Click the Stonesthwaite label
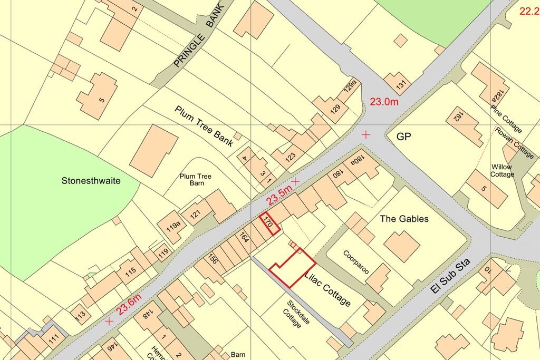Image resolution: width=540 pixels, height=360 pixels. (x=91, y=181)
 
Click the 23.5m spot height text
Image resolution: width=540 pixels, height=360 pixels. (x=279, y=193)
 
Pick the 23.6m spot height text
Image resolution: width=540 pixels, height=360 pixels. (x=129, y=305)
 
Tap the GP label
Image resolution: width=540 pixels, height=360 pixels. (x=403, y=137)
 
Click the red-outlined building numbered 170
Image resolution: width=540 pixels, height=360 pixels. (x=270, y=223)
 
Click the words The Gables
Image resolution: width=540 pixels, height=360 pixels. (x=404, y=219)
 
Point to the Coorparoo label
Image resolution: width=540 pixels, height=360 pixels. (x=356, y=261)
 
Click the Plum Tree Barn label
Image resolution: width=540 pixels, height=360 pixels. (x=192, y=180)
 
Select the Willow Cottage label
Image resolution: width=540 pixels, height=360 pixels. (x=502, y=171)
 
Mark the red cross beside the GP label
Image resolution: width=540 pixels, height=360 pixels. (x=366, y=135)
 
